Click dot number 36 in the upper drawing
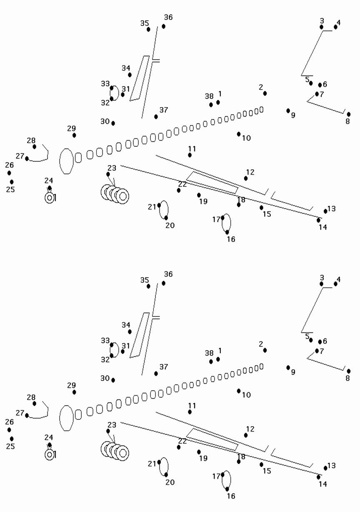point(164,26)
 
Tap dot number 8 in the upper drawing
point(348,114)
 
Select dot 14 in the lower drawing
point(319,477)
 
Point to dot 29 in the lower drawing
point(74,392)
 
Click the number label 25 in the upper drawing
point(10,190)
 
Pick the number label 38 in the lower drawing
point(209,353)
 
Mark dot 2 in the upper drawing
point(265,93)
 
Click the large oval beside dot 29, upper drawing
point(66,161)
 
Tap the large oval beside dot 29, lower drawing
point(66,418)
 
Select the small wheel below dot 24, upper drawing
point(50,198)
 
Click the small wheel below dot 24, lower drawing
point(50,455)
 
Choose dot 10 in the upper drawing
point(239,134)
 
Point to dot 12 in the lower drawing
point(246,435)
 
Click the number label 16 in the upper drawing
point(231,239)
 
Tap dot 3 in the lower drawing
point(322,284)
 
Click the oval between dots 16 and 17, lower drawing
point(226,481)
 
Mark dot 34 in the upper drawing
point(130,75)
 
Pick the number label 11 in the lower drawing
point(192,406)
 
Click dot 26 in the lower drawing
point(9,430)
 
